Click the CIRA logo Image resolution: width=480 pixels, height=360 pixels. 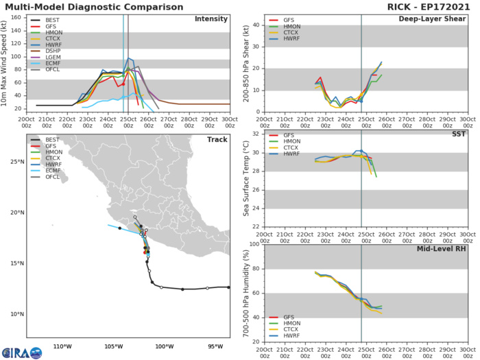[x=22, y=352]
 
